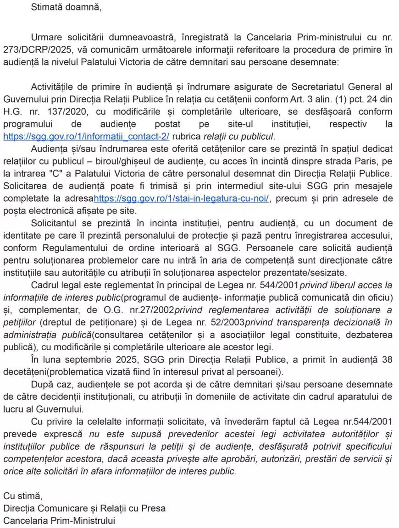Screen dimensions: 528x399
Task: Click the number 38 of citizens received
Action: tap(388, 359)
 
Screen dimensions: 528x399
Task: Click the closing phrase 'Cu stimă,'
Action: tap(22, 496)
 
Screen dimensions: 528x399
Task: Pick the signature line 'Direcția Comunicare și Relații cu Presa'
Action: tap(84, 508)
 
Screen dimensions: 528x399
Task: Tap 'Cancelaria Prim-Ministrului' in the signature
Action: tap(59, 521)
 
